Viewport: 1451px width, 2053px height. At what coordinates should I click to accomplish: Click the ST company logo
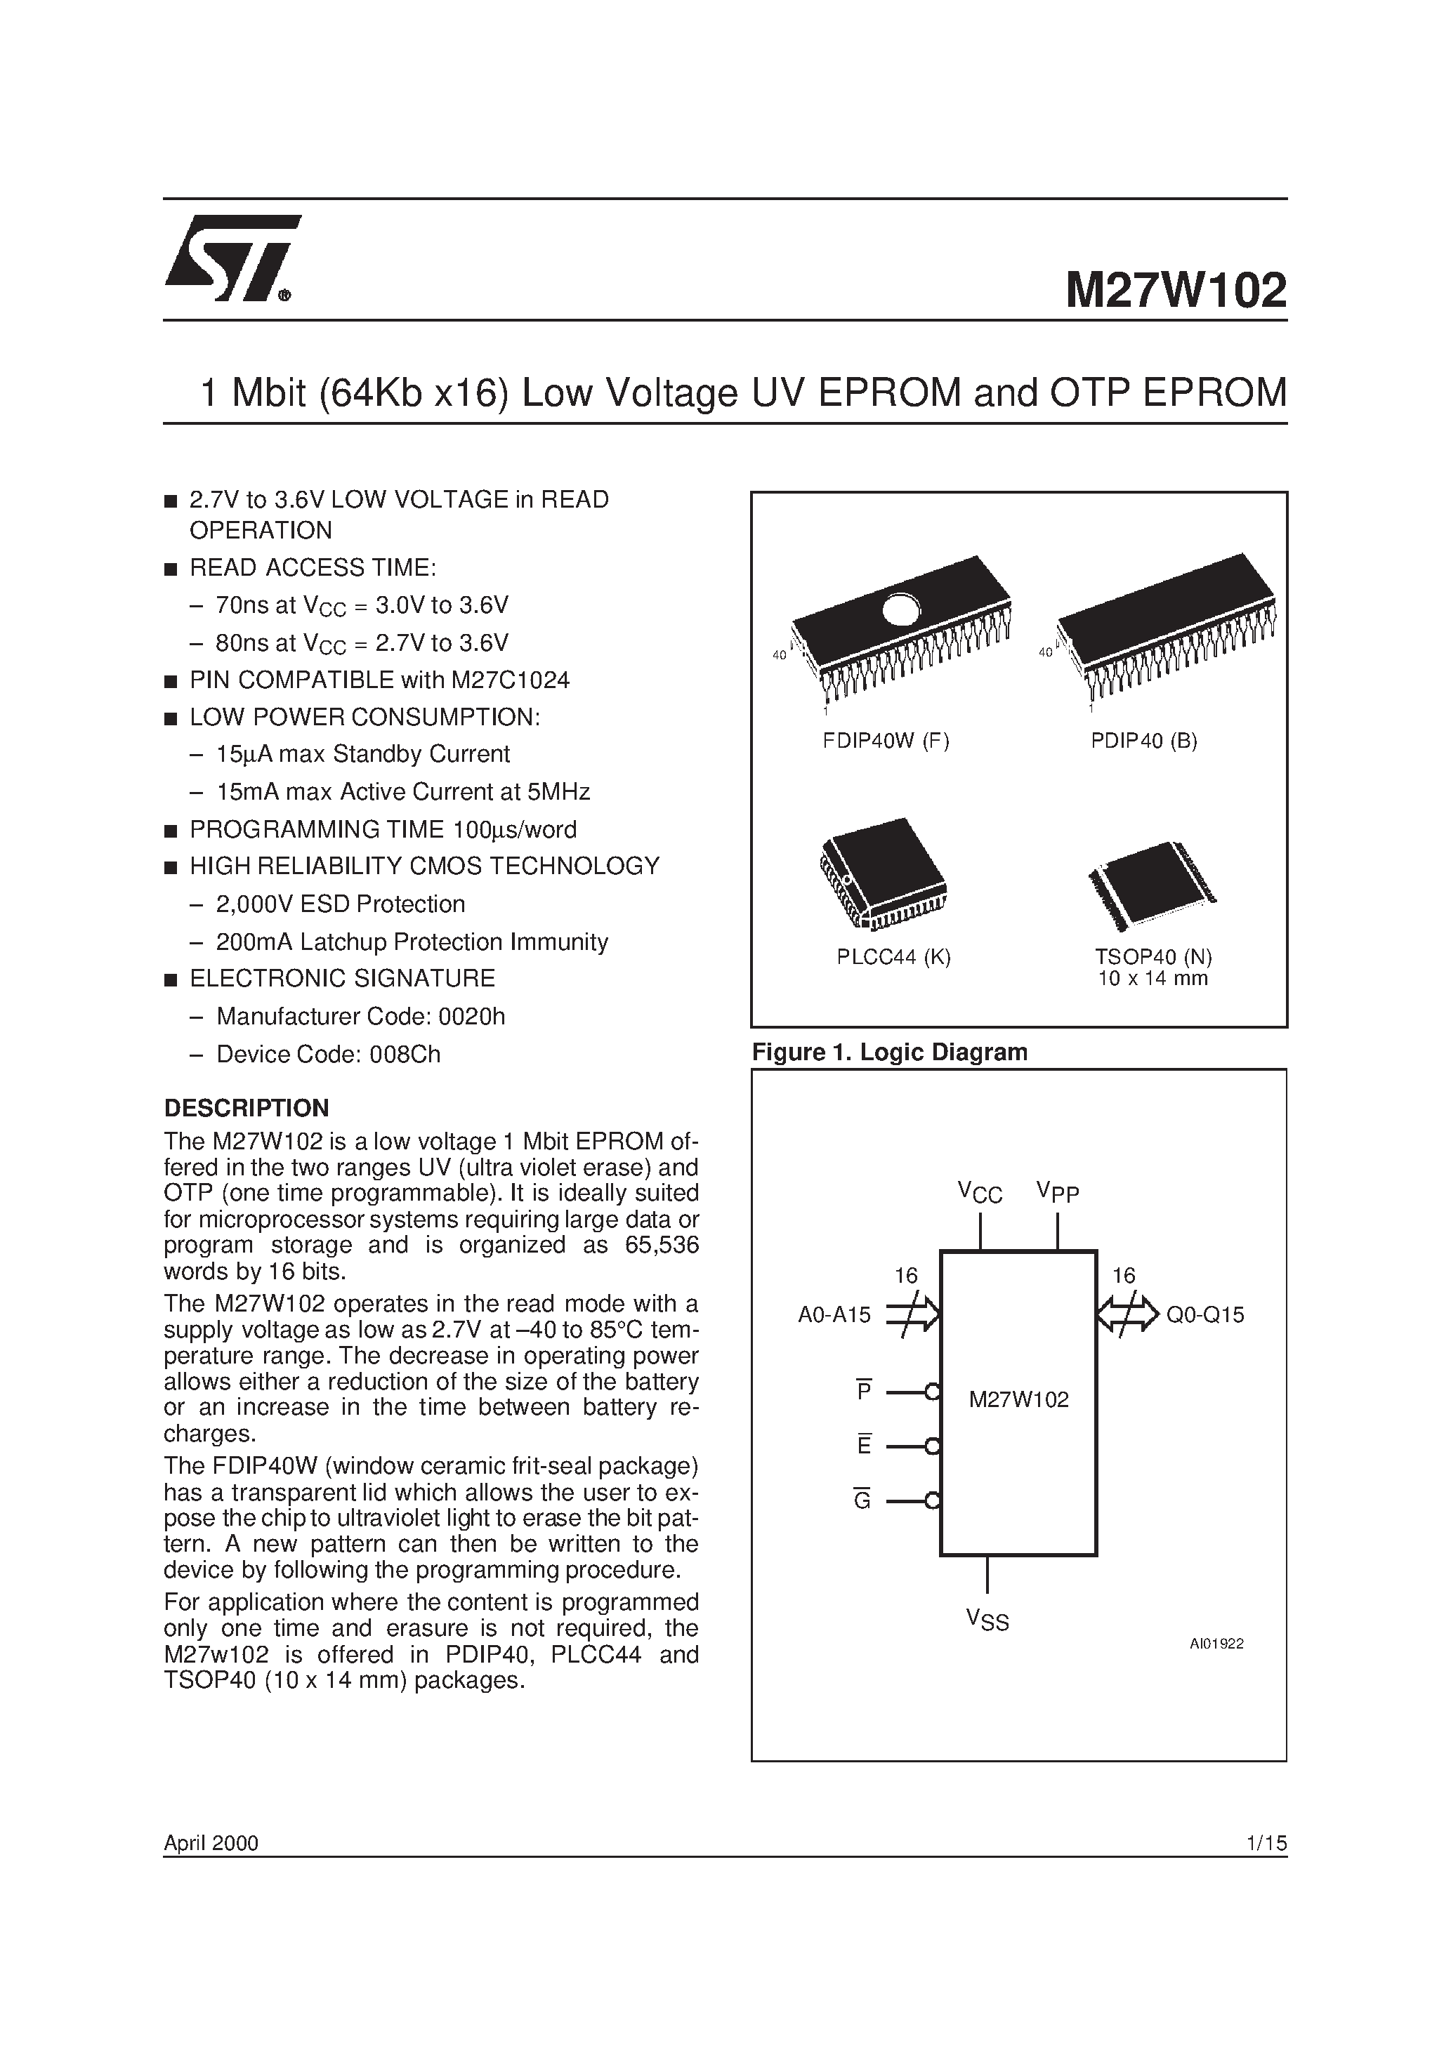click(231, 259)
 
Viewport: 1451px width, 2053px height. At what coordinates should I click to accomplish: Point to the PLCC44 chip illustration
click(883, 873)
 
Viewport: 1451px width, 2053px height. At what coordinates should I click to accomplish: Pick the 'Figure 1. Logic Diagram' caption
click(889, 1052)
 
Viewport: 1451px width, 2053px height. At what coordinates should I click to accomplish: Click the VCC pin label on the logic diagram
click(980, 1193)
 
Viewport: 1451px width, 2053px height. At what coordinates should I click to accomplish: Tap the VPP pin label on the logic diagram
click(1058, 1192)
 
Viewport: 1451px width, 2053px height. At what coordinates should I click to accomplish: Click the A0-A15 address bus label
click(834, 1314)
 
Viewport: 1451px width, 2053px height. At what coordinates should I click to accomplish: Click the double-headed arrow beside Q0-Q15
click(1127, 1314)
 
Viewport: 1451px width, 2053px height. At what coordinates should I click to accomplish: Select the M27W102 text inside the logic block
click(1019, 1400)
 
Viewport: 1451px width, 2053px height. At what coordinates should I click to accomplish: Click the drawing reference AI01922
click(1216, 1644)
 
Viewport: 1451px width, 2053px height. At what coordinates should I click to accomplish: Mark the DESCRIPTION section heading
click(246, 1109)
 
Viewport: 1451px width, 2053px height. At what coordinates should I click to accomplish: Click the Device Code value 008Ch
click(402, 1055)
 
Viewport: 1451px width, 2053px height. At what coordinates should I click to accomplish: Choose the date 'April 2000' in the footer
click(211, 1843)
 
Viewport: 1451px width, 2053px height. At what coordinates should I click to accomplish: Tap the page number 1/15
click(1265, 1843)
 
